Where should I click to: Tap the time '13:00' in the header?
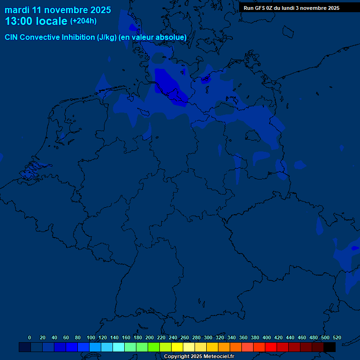tap(20, 21)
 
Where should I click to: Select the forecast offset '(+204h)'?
tap(83, 21)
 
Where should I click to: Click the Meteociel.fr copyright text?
tap(199, 357)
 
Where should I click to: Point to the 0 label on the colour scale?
tap(30, 337)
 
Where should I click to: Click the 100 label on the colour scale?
tap(91, 337)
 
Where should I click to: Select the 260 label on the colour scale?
tap(185, 337)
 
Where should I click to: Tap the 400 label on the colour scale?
tap(267, 337)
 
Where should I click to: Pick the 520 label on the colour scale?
tap(337, 337)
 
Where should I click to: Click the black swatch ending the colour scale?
tap(330, 347)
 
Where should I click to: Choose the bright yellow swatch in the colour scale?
tap(177, 347)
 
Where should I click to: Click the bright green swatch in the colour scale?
tap(154, 347)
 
